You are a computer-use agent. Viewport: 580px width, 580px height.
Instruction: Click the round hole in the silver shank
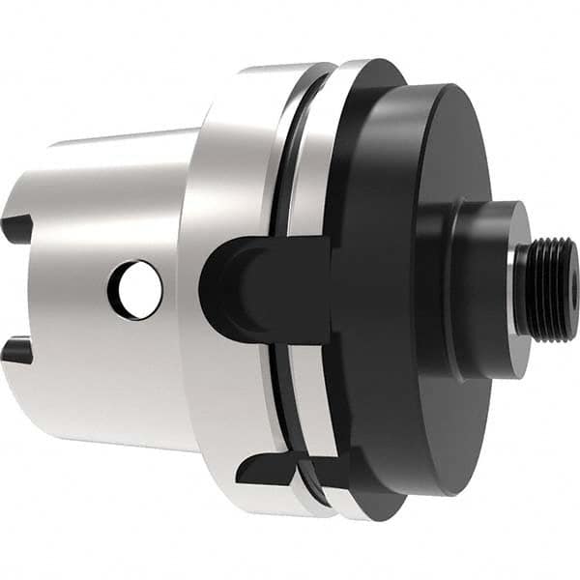[x=135, y=289]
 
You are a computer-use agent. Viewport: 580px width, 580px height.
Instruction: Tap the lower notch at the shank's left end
[x=16, y=351]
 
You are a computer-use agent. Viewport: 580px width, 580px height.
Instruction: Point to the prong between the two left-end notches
[x=21, y=290]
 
